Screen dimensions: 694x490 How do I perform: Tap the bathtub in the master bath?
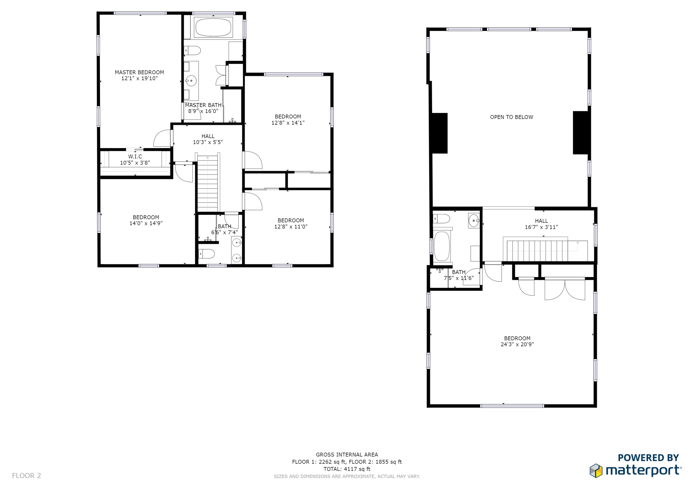[x=213, y=27]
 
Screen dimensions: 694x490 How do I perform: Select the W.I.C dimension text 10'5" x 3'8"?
[x=135, y=163]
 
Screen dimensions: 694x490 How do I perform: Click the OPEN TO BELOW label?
[x=511, y=117]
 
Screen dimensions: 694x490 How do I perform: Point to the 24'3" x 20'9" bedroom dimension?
[x=517, y=344]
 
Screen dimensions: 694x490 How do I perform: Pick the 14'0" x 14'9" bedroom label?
[x=146, y=220]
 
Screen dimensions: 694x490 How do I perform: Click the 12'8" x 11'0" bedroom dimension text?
[x=291, y=227]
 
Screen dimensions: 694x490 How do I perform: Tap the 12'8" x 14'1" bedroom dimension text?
[x=288, y=123]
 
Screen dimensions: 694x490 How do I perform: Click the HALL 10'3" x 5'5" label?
[x=208, y=139]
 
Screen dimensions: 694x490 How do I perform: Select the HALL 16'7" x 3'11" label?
[x=541, y=224]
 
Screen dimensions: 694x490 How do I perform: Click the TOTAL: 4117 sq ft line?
[x=347, y=469]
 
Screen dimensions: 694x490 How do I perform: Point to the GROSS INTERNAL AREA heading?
[x=347, y=455]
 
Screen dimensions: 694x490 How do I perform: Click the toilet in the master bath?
[x=192, y=50]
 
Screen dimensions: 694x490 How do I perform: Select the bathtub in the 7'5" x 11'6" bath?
[x=442, y=246]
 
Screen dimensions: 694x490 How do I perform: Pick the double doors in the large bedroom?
[x=565, y=289]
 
